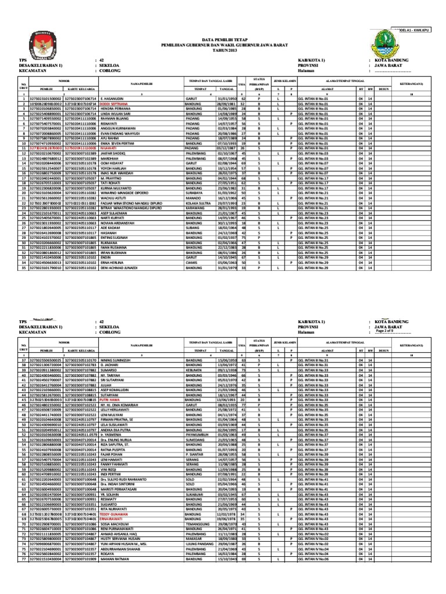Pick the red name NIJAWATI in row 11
(111, 148)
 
